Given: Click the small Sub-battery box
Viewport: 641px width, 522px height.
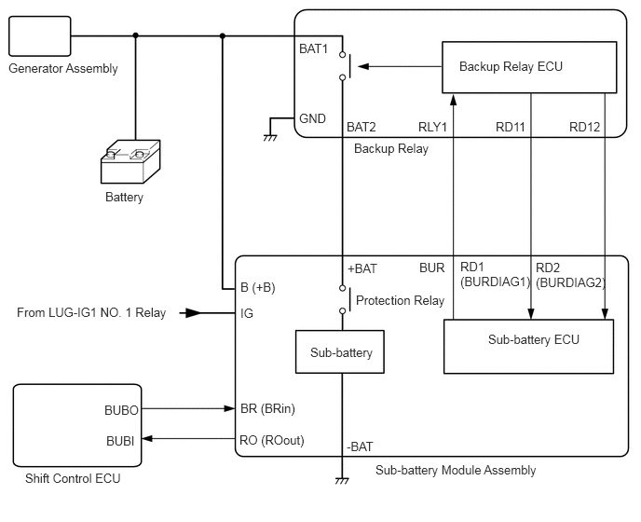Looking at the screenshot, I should (x=342, y=353).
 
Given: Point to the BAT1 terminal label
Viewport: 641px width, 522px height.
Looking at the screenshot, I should (x=314, y=50).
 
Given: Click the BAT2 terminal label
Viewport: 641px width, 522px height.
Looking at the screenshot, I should (x=361, y=127).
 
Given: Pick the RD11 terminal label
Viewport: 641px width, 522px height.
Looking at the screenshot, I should (x=511, y=127).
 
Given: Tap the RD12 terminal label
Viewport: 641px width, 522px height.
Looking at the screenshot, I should (x=585, y=127).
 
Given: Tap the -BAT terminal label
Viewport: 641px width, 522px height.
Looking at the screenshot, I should (x=361, y=446).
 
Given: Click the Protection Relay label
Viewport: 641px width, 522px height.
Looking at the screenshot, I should (x=401, y=300).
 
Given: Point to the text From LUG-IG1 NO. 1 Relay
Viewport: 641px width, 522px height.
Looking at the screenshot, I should (x=91, y=313).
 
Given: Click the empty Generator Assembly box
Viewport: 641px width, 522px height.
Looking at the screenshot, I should (x=39, y=36).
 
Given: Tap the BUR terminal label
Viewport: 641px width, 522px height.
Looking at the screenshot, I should (x=431, y=268).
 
